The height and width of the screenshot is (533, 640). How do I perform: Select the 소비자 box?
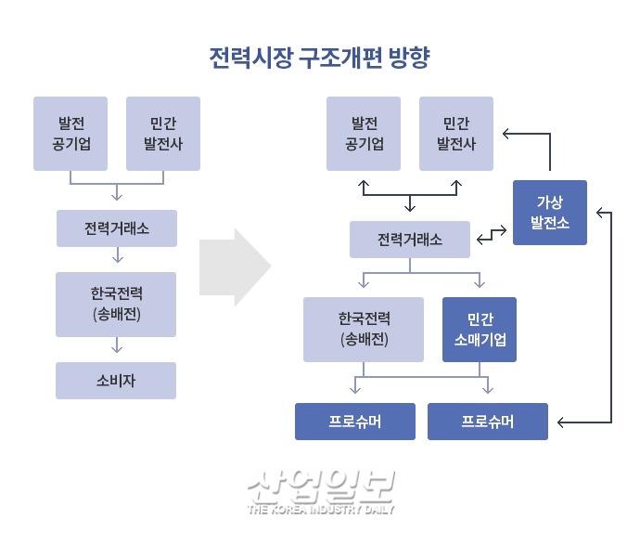116,381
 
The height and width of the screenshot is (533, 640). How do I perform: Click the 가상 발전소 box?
550,213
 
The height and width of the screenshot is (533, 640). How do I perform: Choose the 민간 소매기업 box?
480,329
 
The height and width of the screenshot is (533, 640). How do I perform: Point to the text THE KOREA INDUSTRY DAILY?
321,510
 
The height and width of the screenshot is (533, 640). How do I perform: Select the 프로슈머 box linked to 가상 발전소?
487,422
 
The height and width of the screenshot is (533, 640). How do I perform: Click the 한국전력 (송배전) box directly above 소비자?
116,304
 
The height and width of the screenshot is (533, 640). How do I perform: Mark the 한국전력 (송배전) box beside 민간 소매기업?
364,329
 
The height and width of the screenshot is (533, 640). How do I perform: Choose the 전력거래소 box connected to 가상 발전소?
410,240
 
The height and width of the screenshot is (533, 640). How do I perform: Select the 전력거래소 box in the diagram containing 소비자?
116,228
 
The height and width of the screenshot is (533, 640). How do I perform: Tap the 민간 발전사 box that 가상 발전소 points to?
456,134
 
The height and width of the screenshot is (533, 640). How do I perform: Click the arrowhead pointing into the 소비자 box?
117,351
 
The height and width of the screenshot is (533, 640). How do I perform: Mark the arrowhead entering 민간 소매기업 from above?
480,283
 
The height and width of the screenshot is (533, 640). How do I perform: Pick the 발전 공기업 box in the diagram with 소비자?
70,134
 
